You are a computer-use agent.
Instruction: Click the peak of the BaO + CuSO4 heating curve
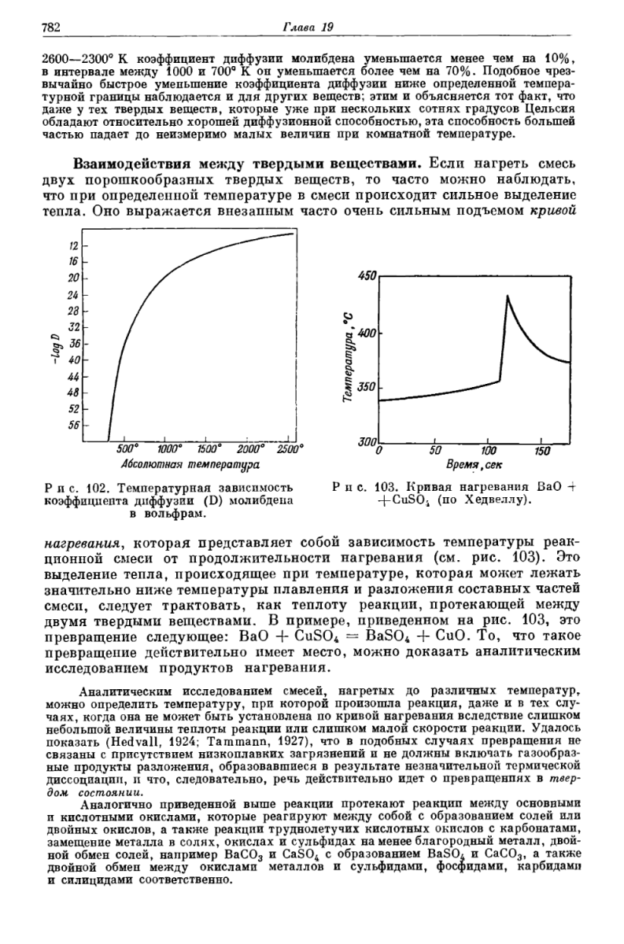click(508, 296)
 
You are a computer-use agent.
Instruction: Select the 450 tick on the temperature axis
click(368, 275)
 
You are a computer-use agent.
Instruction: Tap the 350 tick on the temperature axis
click(368, 388)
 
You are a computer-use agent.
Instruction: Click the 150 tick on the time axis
click(541, 452)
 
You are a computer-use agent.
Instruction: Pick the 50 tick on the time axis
click(434, 452)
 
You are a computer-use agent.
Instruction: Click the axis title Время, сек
click(474, 466)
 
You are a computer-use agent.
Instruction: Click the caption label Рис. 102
click(71, 487)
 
